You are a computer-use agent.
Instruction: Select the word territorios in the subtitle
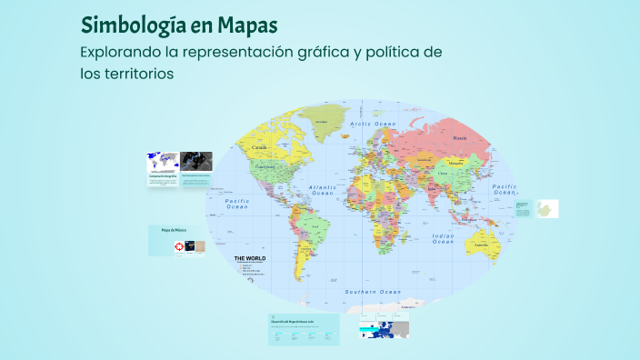pyautogui.click(x=138, y=74)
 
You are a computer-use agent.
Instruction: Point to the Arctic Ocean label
pyautogui.click(x=375, y=124)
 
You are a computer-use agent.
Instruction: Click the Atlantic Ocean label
pyautogui.click(x=324, y=190)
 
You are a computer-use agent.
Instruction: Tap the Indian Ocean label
pyautogui.click(x=443, y=239)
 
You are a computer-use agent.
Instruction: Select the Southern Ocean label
pyautogui.click(x=373, y=292)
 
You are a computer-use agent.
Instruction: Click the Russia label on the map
pyautogui.click(x=460, y=138)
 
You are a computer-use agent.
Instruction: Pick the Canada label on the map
pyautogui.click(x=259, y=146)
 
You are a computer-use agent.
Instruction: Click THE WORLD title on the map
pyautogui.click(x=250, y=259)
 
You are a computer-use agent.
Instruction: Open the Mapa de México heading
pyautogui.click(x=173, y=231)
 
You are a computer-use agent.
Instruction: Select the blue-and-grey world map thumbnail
pyautogui.click(x=163, y=162)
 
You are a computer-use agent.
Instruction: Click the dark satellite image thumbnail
pyautogui.click(x=196, y=162)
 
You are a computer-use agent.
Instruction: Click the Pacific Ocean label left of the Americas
pyautogui.click(x=237, y=204)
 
